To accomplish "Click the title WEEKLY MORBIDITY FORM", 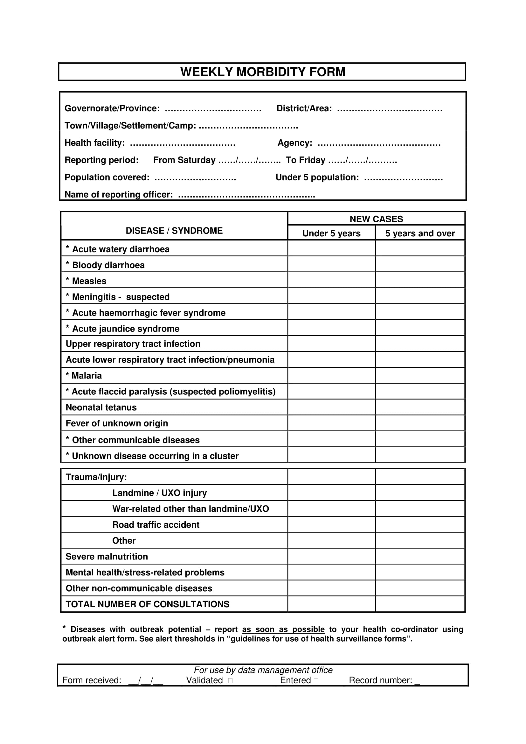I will tap(263, 72).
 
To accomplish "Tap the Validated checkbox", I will tap(230, 681).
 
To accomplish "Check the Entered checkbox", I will tap(316, 681).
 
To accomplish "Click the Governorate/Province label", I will tap(112, 108).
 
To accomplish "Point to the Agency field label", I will tap(295, 143).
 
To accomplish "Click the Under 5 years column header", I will tap(331, 233).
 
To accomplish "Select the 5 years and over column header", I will tap(420, 233).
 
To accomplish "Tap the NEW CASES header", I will tap(376, 219).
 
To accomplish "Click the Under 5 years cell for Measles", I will tap(331, 280).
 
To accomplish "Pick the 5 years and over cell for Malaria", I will tap(420, 375).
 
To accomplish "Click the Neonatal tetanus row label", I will tap(101, 407).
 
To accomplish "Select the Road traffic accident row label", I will tap(156, 525).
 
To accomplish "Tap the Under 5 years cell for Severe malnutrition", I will tap(331, 556).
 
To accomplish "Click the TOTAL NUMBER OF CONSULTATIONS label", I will tap(147, 604).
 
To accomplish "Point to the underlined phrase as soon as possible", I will tap(283, 629).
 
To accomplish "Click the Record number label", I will tap(380, 680).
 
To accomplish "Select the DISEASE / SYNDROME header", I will tap(174, 231).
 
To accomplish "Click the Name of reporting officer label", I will tap(119, 194).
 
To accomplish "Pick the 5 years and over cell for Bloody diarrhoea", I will tap(420, 264).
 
